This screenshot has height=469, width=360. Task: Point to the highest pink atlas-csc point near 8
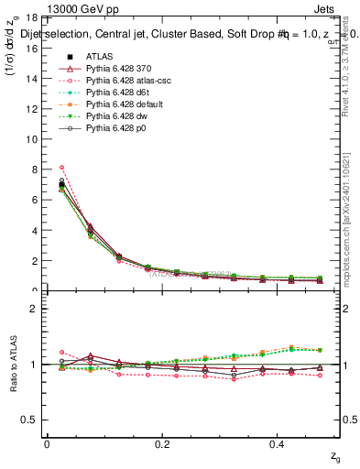point(61,168)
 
